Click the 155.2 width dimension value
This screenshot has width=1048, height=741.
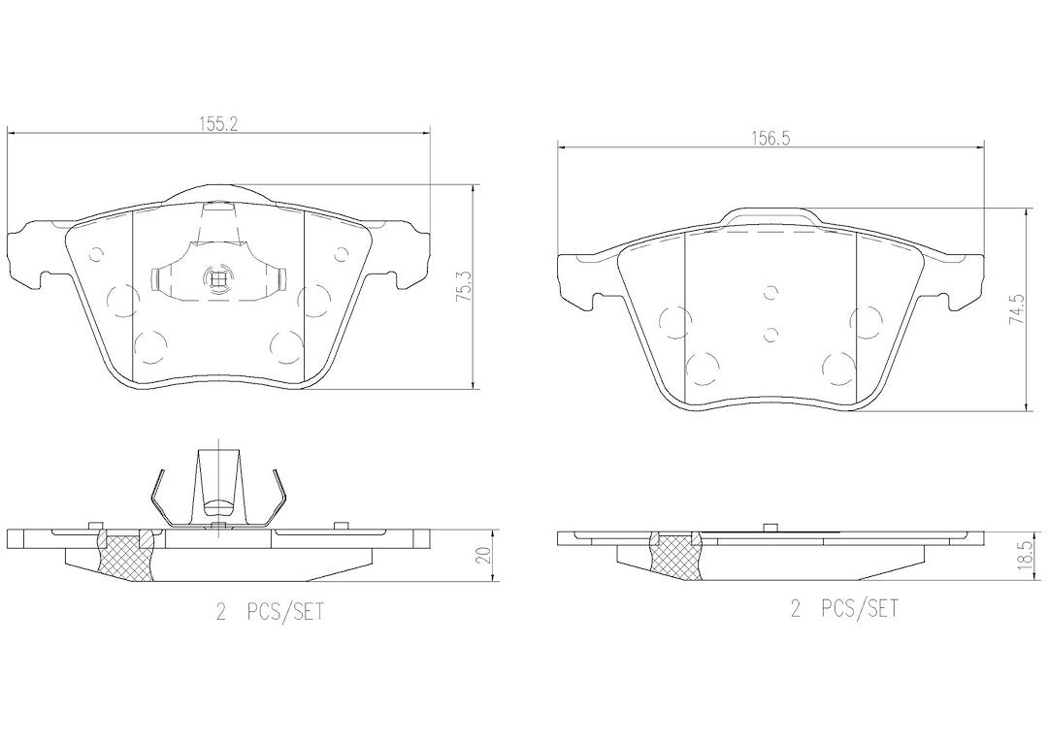click(218, 123)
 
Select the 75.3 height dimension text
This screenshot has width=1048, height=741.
click(463, 287)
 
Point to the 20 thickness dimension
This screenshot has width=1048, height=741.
click(486, 554)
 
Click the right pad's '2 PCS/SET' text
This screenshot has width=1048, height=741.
click(845, 608)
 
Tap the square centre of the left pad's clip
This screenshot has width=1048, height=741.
click(216, 276)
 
